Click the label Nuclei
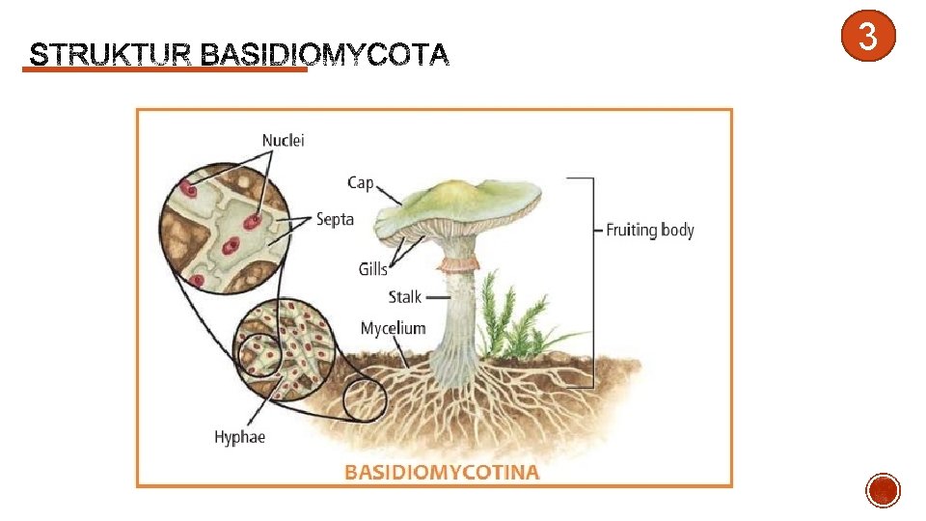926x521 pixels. coord(283,140)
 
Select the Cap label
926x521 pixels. coord(360,182)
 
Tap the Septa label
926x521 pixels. coord(335,219)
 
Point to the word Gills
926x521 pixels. coord(372,269)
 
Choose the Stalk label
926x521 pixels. coord(405,296)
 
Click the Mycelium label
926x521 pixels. coord(393,328)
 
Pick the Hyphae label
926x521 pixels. coord(239,437)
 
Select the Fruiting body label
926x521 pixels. coord(649,230)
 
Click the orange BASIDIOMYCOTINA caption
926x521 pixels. coord(442,472)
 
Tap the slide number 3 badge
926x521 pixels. coord(867,38)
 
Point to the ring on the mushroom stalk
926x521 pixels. coord(459,263)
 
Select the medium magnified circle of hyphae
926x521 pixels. coord(284,350)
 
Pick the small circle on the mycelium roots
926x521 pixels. coord(365,400)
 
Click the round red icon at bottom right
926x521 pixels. coord(884,491)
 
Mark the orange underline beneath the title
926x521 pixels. coord(164,69)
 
